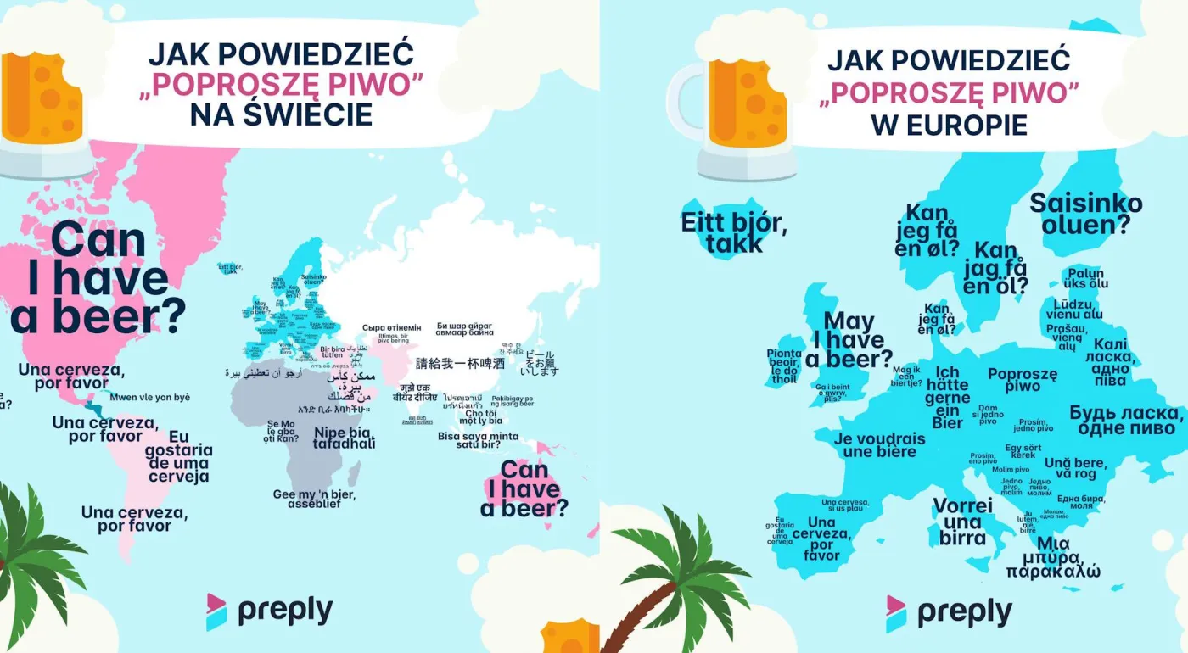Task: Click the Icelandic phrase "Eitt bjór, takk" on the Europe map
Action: coord(735,232)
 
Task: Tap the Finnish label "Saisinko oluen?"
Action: coord(1085,214)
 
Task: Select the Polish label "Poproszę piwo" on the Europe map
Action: coord(1023,379)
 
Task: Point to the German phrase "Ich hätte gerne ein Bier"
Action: coord(948,398)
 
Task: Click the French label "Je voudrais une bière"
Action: coord(879,445)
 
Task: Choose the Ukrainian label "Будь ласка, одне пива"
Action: coord(1126,420)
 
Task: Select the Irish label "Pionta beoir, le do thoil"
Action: coord(783,366)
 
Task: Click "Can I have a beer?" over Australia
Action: coord(524,489)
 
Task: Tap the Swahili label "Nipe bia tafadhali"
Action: coord(344,438)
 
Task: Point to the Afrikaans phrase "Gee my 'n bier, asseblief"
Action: coord(313,499)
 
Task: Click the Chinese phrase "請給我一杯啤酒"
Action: coord(460,364)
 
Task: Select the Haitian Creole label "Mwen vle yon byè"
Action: coord(150,398)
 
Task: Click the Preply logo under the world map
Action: coord(269,611)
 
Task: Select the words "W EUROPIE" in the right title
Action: coord(949,125)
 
